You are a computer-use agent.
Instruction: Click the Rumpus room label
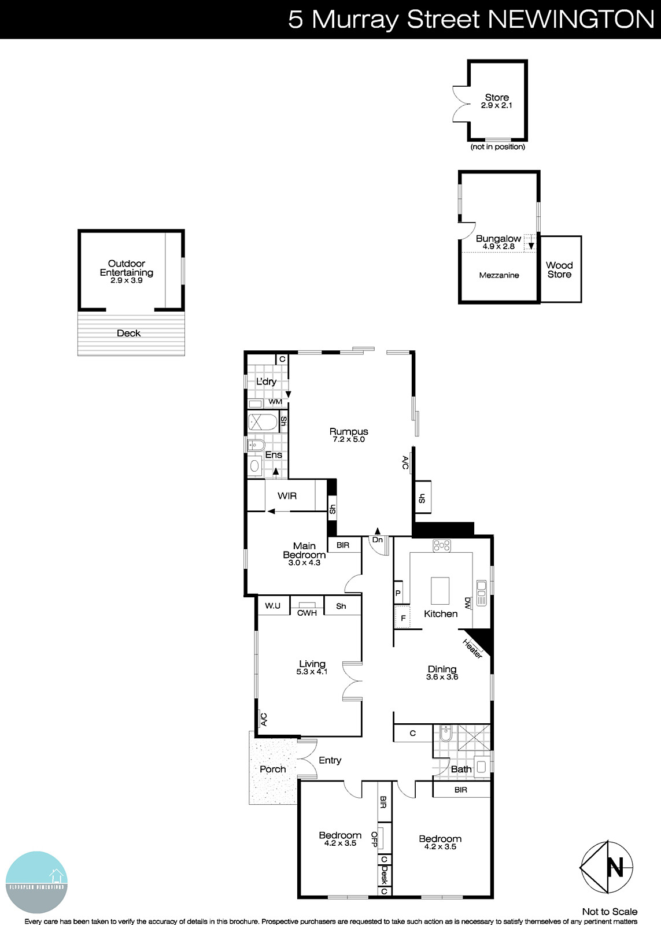point(349,431)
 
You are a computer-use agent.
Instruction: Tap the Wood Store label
point(559,270)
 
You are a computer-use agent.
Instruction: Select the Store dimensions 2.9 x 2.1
point(497,106)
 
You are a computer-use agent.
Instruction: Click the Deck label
point(128,333)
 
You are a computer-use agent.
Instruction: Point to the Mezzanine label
point(499,275)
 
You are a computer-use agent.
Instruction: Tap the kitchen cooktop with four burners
point(442,545)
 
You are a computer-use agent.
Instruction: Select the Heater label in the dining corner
point(472,647)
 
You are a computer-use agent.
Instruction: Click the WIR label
point(287,496)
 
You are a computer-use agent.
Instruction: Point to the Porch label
point(272,769)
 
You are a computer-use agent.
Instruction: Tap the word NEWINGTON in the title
point(571,19)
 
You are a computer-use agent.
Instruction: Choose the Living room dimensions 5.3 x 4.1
point(312,672)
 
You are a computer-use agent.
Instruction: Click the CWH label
point(307,613)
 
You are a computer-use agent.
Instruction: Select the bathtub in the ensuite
point(263,420)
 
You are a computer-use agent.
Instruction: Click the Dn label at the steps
point(377,540)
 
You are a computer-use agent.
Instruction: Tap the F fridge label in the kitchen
point(403,619)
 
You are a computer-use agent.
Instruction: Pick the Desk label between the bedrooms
point(384,875)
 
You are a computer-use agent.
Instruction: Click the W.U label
point(273,606)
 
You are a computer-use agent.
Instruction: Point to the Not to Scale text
point(610,912)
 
